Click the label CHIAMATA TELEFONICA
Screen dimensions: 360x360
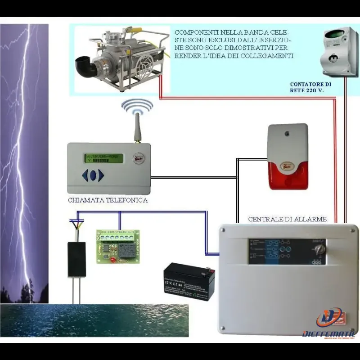[x=108, y=200]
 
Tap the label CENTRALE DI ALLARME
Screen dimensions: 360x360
[x=287, y=219]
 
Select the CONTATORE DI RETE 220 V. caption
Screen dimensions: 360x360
[x=310, y=87]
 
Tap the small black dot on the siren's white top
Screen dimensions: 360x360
[x=286, y=134]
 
